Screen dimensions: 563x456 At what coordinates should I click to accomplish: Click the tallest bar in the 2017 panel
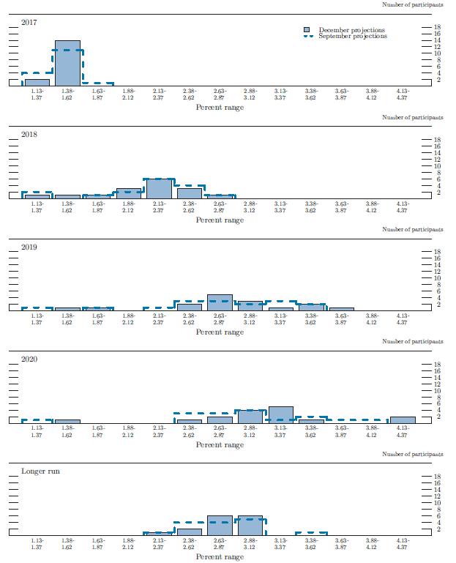click(67, 64)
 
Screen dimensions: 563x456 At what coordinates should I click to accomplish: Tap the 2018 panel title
click(29, 135)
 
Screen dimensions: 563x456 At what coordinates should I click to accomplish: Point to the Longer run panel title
click(40, 471)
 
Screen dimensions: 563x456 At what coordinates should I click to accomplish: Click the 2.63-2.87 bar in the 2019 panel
click(220, 303)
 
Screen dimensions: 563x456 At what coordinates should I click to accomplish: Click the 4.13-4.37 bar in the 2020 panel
click(402, 420)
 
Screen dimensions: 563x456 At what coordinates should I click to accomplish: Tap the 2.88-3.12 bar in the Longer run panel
click(250, 526)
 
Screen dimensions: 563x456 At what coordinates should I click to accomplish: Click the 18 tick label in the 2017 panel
click(437, 27)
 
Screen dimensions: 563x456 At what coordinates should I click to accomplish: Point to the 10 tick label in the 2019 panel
click(437, 278)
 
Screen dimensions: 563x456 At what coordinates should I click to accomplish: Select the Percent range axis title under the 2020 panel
click(220, 444)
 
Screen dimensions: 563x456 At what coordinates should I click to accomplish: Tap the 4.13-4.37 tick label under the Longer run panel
click(402, 544)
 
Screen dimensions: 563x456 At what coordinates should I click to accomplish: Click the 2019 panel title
click(29, 247)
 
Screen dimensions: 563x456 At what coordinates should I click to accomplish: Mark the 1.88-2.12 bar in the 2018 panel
click(128, 194)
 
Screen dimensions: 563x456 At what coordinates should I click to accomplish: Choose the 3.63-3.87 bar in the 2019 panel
click(341, 309)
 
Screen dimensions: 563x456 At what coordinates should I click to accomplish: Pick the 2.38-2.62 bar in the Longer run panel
click(189, 532)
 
